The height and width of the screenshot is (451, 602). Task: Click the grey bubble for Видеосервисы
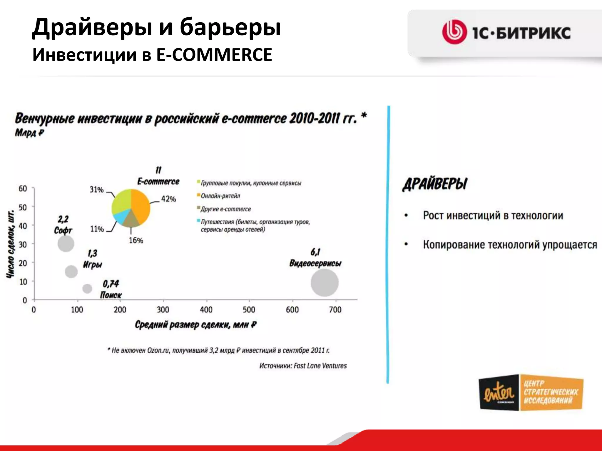pyautogui.click(x=325, y=282)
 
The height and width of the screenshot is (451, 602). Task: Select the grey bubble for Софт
pyautogui.click(x=66, y=243)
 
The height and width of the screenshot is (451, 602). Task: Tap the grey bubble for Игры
pyautogui.click(x=71, y=271)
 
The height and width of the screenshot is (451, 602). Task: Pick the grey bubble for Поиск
pyautogui.click(x=87, y=288)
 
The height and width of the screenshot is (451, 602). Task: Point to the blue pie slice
pyautogui.click(x=119, y=217)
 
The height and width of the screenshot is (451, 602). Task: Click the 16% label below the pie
pyautogui.click(x=136, y=240)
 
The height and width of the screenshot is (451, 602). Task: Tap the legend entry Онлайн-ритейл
pyautogui.click(x=220, y=196)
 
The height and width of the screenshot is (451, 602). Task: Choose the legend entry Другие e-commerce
pyautogui.click(x=225, y=209)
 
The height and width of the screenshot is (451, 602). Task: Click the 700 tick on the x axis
pyautogui.click(x=335, y=309)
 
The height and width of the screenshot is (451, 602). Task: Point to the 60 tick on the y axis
pyautogui.click(x=23, y=189)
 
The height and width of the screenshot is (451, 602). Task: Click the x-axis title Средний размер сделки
pyautogui.click(x=195, y=325)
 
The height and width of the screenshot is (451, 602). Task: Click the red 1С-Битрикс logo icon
pyautogui.click(x=454, y=32)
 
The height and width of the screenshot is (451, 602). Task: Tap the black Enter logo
pyautogui.click(x=499, y=393)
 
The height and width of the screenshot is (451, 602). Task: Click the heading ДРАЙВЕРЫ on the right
pyautogui.click(x=435, y=184)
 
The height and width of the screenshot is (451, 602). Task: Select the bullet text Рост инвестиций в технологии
pyautogui.click(x=493, y=216)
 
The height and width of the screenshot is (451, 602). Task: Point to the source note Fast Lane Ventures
pyautogui.click(x=303, y=366)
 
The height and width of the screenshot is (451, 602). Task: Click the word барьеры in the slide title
pyautogui.click(x=230, y=27)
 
